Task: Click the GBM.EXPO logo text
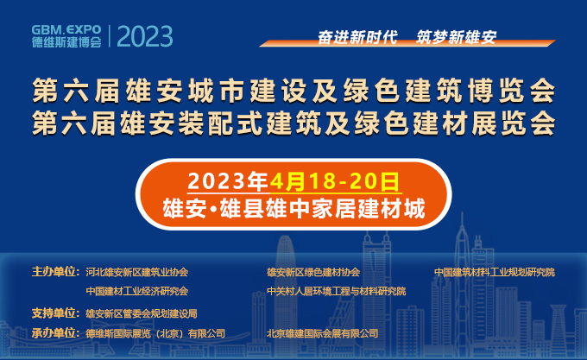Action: click(66, 29)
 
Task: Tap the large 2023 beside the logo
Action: click(145, 36)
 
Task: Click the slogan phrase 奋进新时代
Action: click(357, 37)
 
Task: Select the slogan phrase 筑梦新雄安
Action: click(457, 37)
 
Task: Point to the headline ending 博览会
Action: click(293, 90)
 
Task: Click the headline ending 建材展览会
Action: click(293, 123)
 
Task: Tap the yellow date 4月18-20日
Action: click(335, 181)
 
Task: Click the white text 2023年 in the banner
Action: click(228, 181)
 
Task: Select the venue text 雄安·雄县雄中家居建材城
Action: click(293, 208)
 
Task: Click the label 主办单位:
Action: click(55, 272)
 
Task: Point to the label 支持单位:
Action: click(55, 313)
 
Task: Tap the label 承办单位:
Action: click(55, 332)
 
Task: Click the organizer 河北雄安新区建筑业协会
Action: click(136, 272)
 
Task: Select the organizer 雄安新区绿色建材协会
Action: click(313, 272)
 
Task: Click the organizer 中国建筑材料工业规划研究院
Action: click(495, 272)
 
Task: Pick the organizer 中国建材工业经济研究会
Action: click(136, 291)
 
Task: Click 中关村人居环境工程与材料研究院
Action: click(336, 291)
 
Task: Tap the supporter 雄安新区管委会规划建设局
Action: click(141, 313)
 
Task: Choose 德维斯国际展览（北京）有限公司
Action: click(155, 333)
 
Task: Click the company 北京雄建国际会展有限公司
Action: click(322, 333)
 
